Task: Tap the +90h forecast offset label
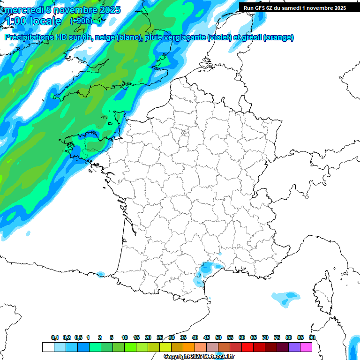point(81,21)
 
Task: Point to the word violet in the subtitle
point(219,37)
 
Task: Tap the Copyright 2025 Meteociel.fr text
point(199,357)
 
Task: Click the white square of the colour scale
point(48,347)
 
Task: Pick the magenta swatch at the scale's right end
point(306,347)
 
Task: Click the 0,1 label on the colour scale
point(55,337)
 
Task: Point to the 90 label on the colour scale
point(312,337)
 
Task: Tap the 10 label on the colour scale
point(125,337)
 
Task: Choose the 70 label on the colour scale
point(265,337)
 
